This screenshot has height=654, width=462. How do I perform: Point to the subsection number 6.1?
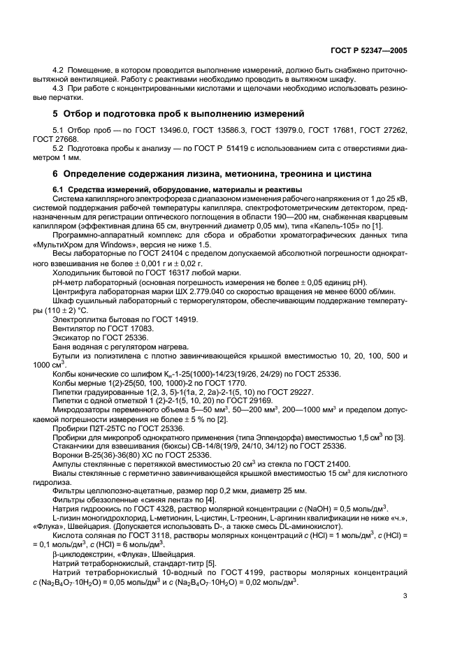pyautogui.click(x=60, y=189)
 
